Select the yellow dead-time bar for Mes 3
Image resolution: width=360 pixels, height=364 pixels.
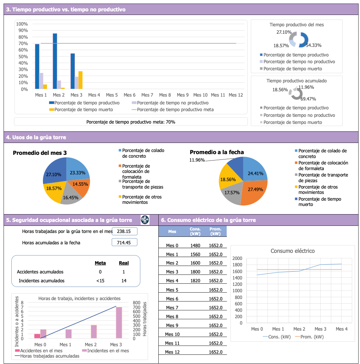[80, 80]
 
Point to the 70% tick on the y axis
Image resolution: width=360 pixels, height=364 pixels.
[22, 43]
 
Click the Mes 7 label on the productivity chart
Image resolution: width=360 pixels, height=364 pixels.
[147, 95]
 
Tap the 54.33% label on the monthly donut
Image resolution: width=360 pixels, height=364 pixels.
[313, 45]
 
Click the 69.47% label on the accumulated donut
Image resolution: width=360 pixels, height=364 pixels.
[308, 99]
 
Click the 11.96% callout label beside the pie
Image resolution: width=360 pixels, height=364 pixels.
[197, 160]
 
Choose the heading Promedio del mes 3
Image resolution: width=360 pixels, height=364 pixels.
[40, 153]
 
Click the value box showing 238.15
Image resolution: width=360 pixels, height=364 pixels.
[124, 232]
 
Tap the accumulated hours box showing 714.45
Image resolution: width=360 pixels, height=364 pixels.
[124, 243]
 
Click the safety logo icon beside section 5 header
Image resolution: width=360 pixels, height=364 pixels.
[145, 220]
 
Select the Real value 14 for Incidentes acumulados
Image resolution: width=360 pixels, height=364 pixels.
[124, 281]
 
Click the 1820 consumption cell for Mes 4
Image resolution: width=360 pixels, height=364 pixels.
[195, 281]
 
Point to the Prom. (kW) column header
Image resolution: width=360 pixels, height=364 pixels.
[215, 231]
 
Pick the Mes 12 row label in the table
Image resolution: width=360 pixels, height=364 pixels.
[172, 352]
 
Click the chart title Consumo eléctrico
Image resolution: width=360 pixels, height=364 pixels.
[292, 251]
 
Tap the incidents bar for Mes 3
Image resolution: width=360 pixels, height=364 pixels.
[119, 322]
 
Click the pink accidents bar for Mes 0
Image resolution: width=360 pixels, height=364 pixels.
[37, 336]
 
